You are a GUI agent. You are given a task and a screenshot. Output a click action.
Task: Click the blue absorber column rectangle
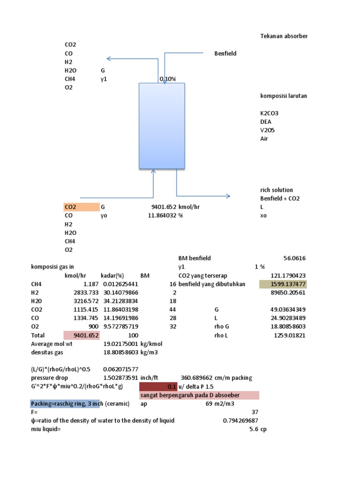(x=162, y=126)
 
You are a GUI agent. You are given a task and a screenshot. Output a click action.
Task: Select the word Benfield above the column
(x=225, y=53)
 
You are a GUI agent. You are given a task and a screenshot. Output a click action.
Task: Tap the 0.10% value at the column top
(x=168, y=79)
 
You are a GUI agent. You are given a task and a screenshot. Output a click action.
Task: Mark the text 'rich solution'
(x=277, y=190)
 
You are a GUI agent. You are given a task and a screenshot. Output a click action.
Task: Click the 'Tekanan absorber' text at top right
(x=284, y=37)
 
